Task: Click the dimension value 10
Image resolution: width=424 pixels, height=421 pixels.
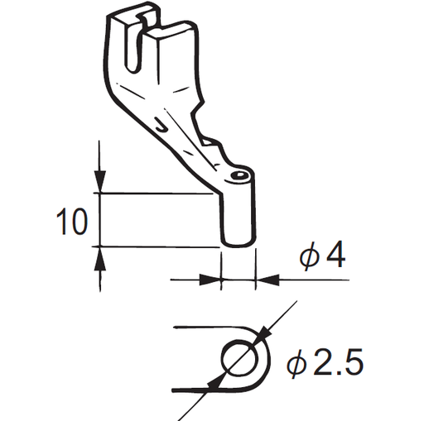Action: click(72, 222)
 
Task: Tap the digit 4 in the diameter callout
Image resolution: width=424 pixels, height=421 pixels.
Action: click(335, 256)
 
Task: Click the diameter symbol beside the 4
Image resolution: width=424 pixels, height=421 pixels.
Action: click(309, 257)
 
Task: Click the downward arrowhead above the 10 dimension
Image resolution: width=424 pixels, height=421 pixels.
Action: click(99, 183)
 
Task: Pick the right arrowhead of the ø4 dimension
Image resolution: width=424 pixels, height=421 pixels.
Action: click(264, 280)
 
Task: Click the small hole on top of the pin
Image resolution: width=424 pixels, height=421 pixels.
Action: click(239, 175)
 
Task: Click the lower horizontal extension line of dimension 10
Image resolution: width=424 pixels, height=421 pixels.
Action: click(157, 246)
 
